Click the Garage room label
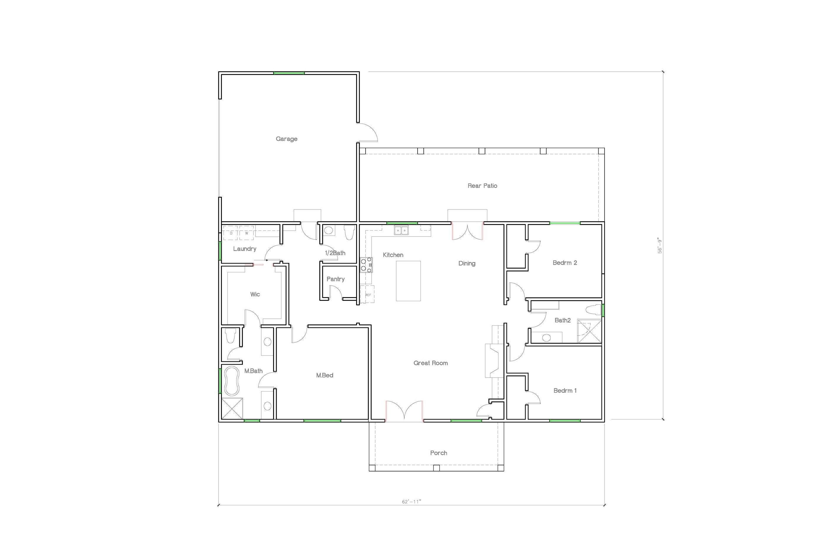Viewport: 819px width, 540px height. tap(286, 139)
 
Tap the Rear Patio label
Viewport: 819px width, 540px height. tap(482, 186)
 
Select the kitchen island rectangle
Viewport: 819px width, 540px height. tap(408, 281)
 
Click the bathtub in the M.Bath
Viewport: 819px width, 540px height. tap(232, 381)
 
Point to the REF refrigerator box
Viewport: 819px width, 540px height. tap(368, 294)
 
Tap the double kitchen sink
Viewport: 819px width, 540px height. tap(401, 230)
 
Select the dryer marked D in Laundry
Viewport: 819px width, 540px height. tap(230, 233)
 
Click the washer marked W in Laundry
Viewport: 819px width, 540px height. tap(246, 233)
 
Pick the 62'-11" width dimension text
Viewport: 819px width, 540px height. tap(411, 501)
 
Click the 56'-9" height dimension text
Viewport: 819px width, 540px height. tap(660, 246)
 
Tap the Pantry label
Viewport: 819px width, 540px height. tap(335, 279)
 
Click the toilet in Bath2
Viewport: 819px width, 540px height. tap(593, 310)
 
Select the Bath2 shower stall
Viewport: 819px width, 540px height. tap(589, 331)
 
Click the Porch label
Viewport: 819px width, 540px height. tap(438, 453)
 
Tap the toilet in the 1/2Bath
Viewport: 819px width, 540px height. tap(349, 232)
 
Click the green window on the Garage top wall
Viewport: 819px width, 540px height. tap(289, 73)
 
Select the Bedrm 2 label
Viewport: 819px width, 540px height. tap(564, 263)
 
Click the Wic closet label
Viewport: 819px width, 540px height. tap(255, 294)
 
